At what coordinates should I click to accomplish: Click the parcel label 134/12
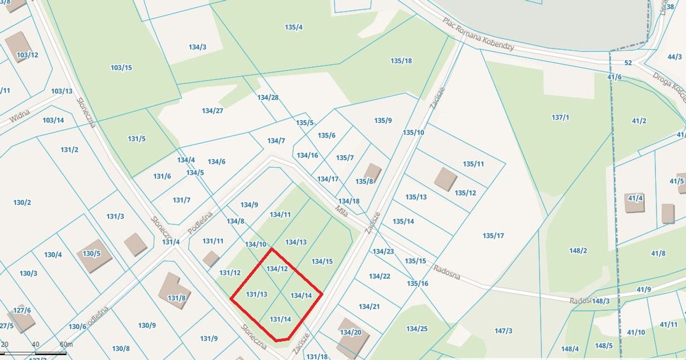pos(277,268)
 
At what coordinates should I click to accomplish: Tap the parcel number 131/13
pos(256,294)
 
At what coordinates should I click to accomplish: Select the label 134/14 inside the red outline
pos(301,295)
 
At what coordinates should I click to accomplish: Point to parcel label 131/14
pos(280,319)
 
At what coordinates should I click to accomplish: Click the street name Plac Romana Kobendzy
pos(478,34)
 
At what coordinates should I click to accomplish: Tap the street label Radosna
pos(447,272)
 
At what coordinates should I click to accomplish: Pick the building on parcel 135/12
pos(445,179)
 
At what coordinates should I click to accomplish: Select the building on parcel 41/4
pos(635,203)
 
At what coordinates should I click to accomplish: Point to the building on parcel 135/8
pos(372,172)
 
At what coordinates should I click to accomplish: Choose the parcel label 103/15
pos(121,67)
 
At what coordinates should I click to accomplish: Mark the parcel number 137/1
pos(560,117)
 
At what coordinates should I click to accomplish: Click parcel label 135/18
pos(401,61)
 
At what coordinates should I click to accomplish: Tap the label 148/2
pos(578,251)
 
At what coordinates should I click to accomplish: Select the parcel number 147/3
pos(503,331)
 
